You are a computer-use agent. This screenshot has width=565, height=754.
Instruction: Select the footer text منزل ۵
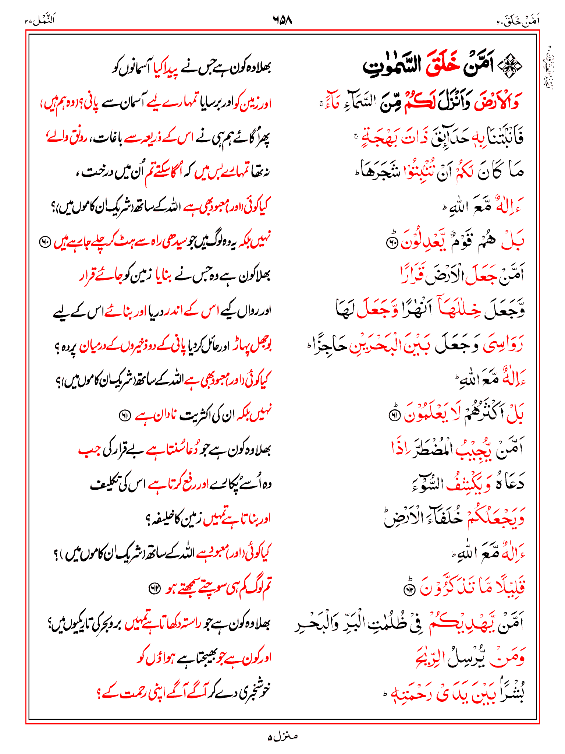[282, 737]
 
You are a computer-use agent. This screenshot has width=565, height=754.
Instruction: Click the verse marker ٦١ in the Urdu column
[124, 416]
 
